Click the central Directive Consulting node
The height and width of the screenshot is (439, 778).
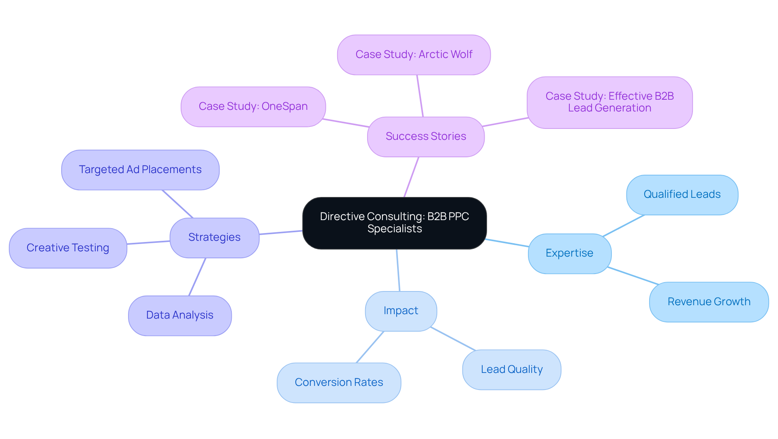click(394, 223)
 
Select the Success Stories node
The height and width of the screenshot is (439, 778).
click(425, 137)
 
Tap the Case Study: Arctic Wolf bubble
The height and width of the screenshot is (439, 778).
click(414, 55)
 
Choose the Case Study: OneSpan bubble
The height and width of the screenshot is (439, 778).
click(253, 107)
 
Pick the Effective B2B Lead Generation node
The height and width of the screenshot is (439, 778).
click(609, 102)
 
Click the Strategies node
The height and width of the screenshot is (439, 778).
click(214, 238)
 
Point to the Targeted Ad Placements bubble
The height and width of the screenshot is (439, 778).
click(140, 170)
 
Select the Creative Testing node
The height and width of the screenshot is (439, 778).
click(68, 248)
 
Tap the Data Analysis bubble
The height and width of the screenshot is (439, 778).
click(180, 315)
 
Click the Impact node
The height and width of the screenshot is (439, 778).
click(401, 311)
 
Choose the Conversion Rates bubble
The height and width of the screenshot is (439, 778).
click(339, 383)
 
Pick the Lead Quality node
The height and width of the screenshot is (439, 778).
click(511, 370)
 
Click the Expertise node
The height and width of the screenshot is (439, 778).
click(569, 253)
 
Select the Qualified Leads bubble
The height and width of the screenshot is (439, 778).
click(682, 195)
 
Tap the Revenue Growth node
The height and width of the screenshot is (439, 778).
click(709, 302)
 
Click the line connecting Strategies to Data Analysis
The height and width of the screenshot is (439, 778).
click(197, 277)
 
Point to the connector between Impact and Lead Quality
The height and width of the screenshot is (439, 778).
click(453, 339)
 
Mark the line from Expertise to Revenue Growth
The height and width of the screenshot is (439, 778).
click(633, 276)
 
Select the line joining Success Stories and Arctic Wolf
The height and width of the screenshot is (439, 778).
click(420, 96)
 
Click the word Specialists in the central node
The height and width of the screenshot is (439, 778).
click(394, 229)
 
